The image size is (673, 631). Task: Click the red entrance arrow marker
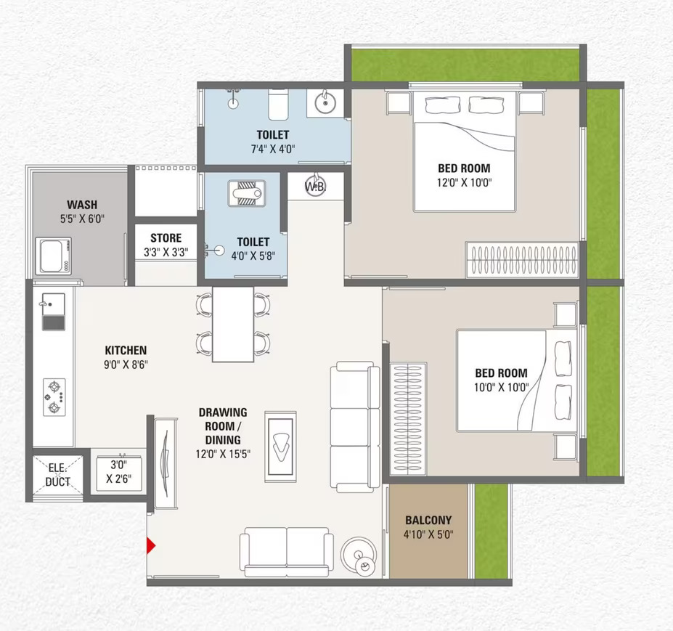tap(151, 545)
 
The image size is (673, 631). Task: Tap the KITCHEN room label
tap(126, 350)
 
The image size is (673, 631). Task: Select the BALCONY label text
tap(428, 520)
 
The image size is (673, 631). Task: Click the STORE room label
tap(166, 238)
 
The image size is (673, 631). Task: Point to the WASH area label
tap(82, 205)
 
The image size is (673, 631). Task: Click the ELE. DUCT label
tap(57, 475)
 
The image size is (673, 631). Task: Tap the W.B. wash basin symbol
tap(316, 186)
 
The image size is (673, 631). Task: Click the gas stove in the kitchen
tap(54, 397)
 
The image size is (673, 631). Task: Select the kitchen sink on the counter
tap(54, 312)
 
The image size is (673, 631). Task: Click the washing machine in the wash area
tap(53, 256)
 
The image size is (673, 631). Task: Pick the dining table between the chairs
tap(233, 324)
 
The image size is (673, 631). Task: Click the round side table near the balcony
tap(359, 555)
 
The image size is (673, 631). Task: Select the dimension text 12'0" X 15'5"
tap(223, 454)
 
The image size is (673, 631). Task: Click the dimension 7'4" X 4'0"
tap(273, 149)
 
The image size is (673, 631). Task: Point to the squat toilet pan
tap(246, 194)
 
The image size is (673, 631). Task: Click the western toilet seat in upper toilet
tap(278, 105)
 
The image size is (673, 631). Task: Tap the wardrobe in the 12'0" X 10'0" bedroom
tap(522, 260)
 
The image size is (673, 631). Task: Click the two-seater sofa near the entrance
tap(287, 552)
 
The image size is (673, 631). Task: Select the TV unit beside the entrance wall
tap(166, 464)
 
